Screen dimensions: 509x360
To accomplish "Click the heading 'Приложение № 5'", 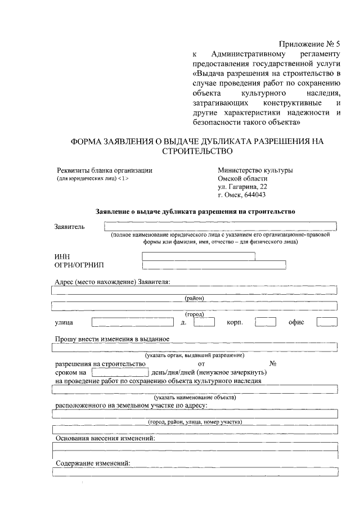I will coord(309,43).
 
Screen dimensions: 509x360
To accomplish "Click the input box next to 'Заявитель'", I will coord(220,226).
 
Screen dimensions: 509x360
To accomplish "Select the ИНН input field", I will coord(199,256).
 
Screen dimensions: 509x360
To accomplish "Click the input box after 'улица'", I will coord(132,322).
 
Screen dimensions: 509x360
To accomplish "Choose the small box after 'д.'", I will coord(204,322).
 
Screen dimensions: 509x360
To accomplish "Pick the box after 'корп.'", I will coord(265,322).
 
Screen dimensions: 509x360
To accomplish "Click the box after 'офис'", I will coord(327,322).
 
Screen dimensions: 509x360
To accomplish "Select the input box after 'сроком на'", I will coord(120,372).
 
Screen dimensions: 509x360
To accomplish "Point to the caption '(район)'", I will coord(194,298).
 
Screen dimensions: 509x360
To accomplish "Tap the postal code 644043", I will coord(254,195).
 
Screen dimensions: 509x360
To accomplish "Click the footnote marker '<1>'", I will coord(123,179).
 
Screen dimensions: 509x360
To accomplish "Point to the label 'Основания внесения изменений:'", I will coord(105,438).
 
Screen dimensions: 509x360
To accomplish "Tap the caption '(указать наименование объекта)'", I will coord(194,397).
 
